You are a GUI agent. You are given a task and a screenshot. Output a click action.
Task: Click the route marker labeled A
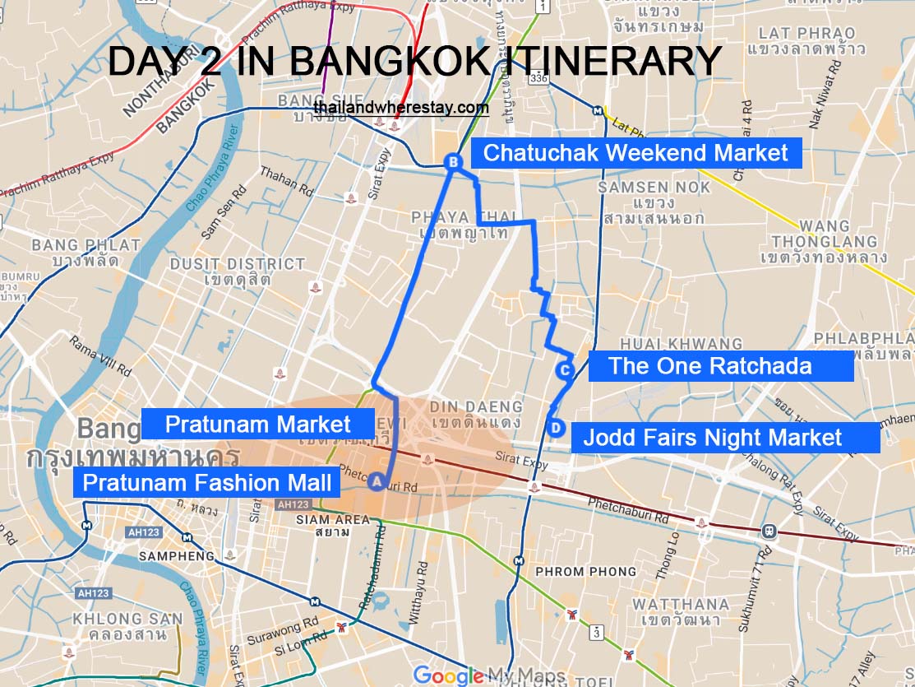click(x=376, y=482)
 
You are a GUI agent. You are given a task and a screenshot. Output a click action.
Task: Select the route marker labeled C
click(x=564, y=371)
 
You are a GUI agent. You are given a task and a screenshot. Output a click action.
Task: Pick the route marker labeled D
click(x=556, y=428)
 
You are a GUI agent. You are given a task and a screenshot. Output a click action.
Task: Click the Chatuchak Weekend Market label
click(x=635, y=153)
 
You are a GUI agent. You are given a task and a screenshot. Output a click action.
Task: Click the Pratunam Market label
click(x=257, y=425)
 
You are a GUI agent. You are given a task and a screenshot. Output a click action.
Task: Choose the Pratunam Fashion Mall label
click(x=206, y=482)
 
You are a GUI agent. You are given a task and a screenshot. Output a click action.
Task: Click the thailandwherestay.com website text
click(x=400, y=108)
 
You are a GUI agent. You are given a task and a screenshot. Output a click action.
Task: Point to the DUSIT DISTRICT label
click(x=238, y=264)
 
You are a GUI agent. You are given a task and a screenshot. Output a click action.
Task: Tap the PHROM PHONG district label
click(x=585, y=571)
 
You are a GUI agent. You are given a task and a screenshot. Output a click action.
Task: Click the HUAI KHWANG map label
click(x=681, y=344)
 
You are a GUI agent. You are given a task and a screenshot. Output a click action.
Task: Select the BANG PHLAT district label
click(x=86, y=245)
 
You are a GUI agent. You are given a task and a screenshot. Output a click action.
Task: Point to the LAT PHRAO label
click(x=806, y=34)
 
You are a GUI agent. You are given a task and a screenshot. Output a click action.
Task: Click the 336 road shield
click(x=538, y=79)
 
